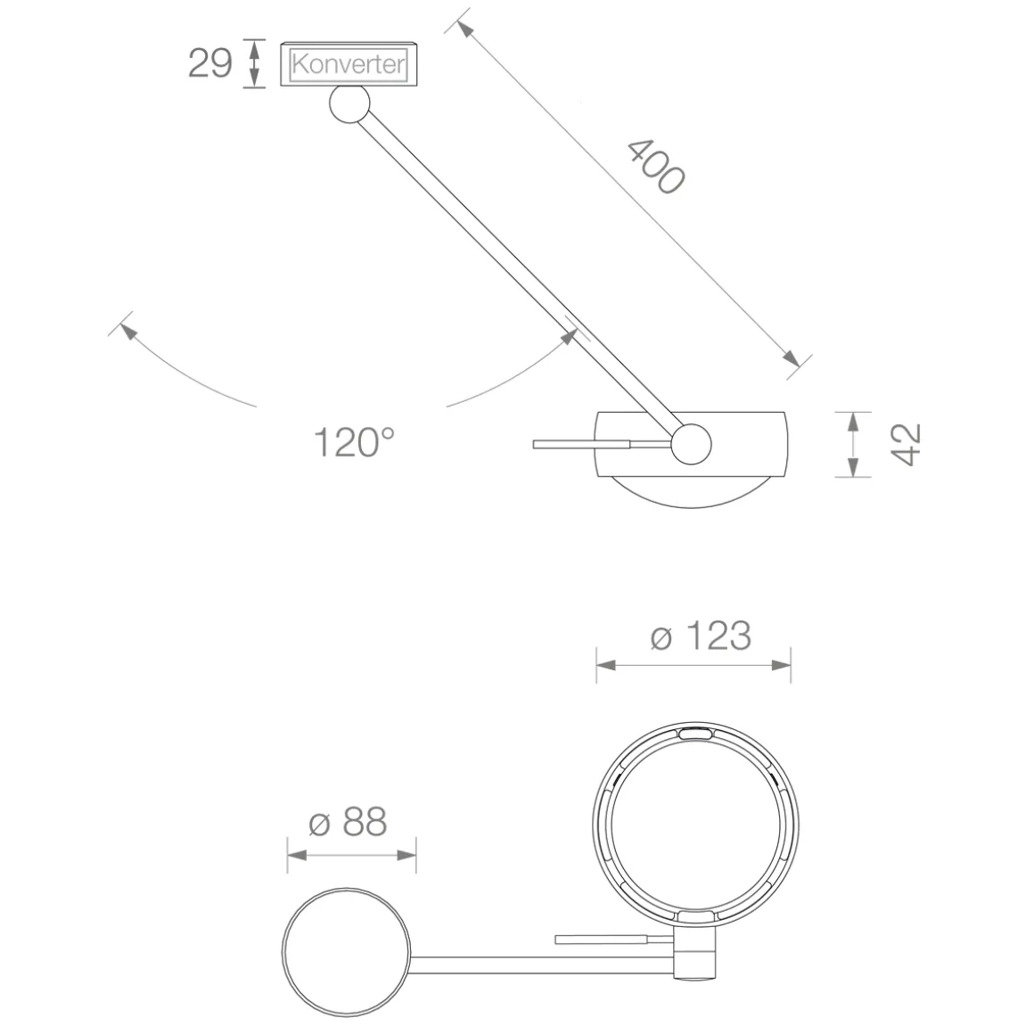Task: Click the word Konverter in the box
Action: [x=349, y=64]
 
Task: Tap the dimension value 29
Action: [x=210, y=63]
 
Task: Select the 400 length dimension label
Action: [x=655, y=167]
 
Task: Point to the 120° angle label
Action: [x=354, y=442]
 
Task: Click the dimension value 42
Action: [x=906, y=445]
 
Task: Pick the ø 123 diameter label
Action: [x=701, y=636]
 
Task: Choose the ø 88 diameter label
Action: [x=348, y=823]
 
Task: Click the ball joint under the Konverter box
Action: [x=349, y=104]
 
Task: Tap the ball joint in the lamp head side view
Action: [x=691, y=444]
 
